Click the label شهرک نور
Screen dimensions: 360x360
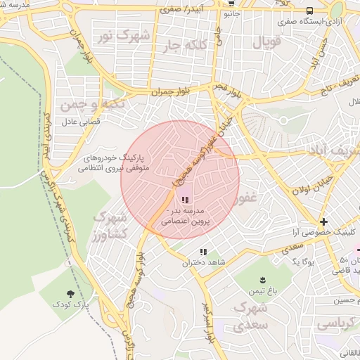[124, 34]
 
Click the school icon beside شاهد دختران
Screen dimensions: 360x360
[203, 252]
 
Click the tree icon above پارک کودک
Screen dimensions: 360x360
[70, 294]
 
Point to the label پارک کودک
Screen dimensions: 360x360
[70, 305]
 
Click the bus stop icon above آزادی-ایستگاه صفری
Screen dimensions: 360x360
[310, 11]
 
